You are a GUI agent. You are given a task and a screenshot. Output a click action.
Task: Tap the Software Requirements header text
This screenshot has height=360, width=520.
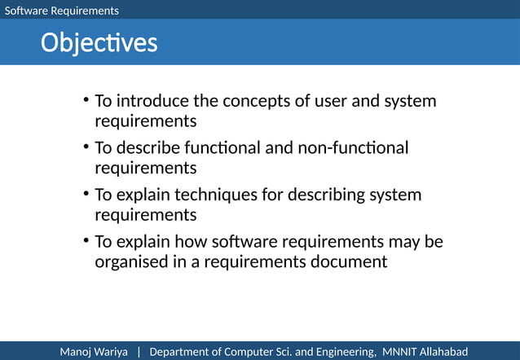tap(62, 11)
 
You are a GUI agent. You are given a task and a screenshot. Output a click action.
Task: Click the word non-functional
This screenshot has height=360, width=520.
tap(360, 148)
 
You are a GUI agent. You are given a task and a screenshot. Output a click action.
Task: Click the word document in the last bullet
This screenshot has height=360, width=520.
tap(350, 262)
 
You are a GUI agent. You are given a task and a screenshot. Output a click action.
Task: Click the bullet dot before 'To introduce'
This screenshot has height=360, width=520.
tap(86, 102)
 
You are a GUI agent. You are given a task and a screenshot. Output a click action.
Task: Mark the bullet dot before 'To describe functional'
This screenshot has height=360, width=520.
tap(86, 148)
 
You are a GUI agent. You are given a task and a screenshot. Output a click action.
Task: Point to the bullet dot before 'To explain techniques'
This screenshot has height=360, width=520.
tap(86, 195)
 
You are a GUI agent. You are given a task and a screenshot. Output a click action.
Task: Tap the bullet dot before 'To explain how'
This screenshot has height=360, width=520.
tap(86, 242)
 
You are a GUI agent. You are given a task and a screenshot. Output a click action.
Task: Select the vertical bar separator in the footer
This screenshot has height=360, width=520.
tap(139, 351)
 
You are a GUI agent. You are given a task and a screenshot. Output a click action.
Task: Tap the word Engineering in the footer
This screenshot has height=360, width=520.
tap(345, 351)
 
